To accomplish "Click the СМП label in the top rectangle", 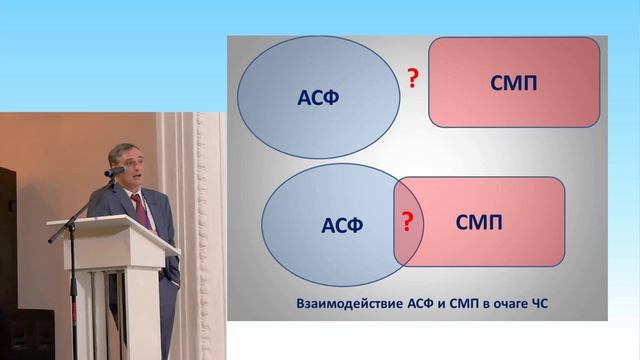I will [514, 82].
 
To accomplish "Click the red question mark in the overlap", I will [407, 221].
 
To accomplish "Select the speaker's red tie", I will [138, 211].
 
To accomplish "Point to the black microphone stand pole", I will [72, 300].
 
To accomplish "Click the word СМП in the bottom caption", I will [452, 302].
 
